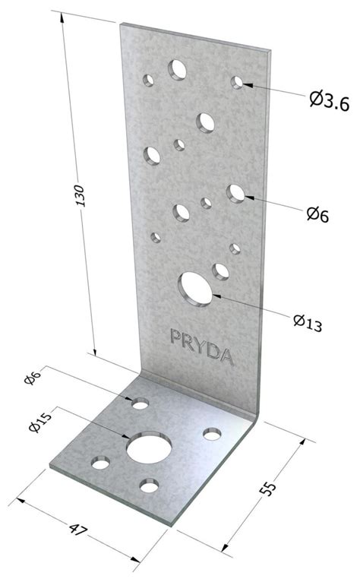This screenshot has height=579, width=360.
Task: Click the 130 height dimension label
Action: [x=86, y=199]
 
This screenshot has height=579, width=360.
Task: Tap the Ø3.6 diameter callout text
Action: [x=329, y=98]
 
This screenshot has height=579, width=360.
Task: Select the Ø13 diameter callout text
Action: [x=308, y=321]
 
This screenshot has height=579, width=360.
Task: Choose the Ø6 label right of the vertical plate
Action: [x=317, y=214]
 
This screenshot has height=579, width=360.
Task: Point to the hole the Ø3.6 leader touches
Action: [x=238, y=82]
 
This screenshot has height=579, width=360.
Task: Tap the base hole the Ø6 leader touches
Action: [x=141, y=403]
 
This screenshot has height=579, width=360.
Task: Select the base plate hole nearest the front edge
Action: [x=149, y=484]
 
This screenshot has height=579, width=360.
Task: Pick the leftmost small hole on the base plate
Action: [x=101, y=461]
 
